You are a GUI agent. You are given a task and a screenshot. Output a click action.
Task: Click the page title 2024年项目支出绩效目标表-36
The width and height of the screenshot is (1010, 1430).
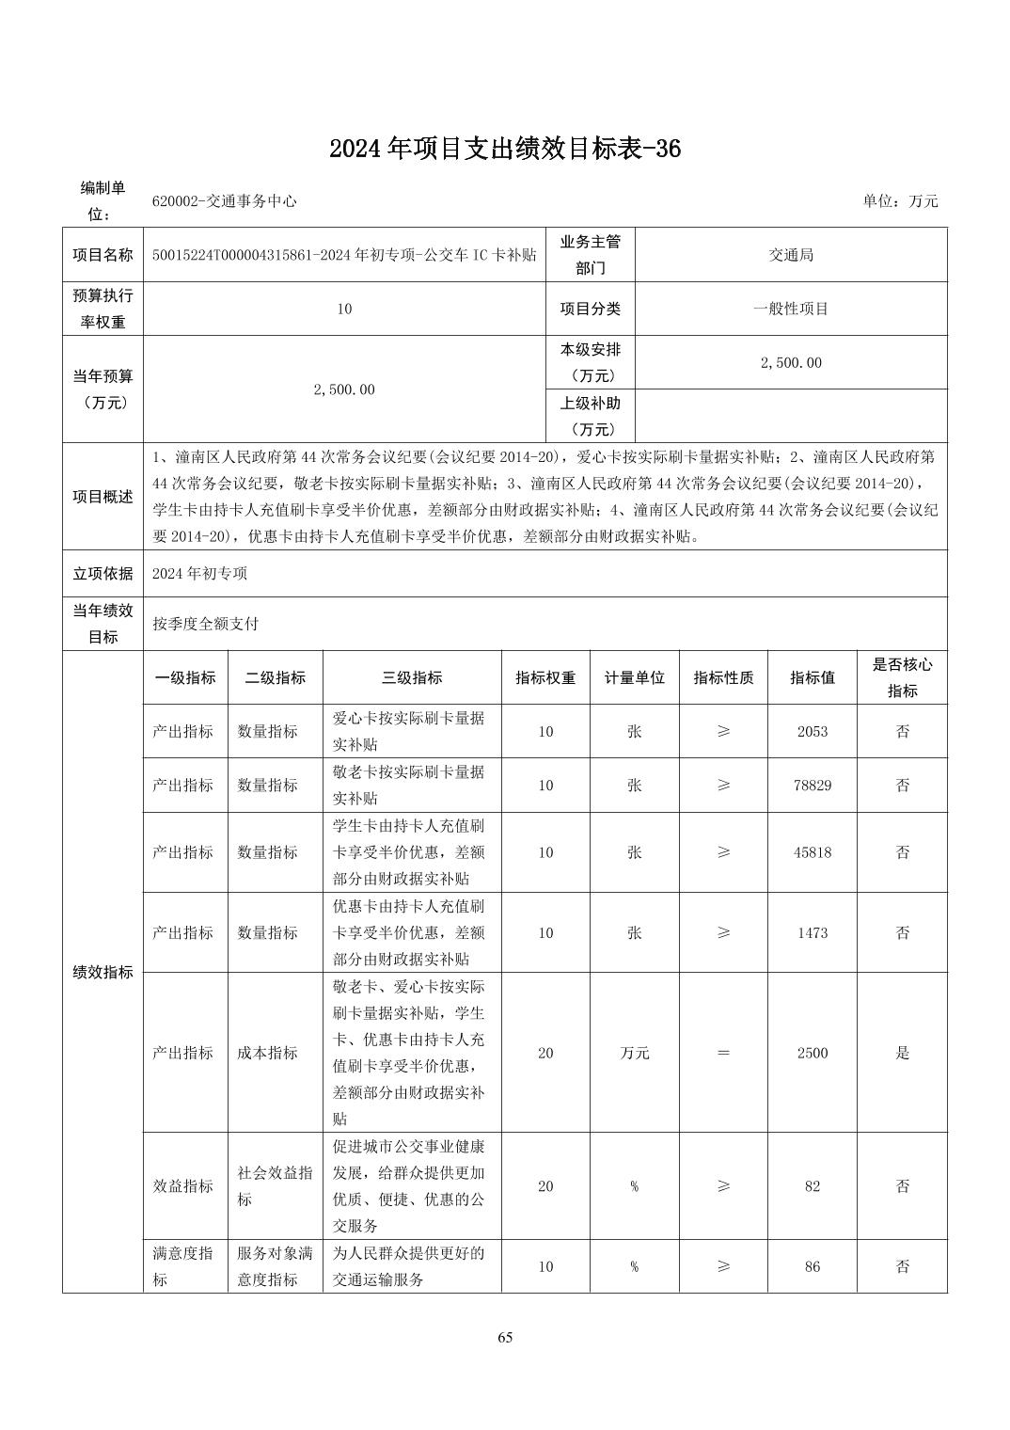[x=504, y=149]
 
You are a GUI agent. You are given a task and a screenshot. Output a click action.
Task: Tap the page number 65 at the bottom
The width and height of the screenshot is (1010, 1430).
[x=505, y=1338]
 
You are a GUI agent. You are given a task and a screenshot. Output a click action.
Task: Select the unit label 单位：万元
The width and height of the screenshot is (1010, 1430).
[x=900, y=200]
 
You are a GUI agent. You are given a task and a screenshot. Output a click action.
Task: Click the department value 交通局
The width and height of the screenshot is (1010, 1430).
[x=791, y=255]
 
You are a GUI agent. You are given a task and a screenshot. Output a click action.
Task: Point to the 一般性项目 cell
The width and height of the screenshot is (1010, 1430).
[x=791, y=309]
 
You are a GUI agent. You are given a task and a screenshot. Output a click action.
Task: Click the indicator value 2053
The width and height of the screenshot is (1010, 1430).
[x=812, y=731]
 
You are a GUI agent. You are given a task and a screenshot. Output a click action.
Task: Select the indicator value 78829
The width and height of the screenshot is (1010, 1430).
[x=812, y=785]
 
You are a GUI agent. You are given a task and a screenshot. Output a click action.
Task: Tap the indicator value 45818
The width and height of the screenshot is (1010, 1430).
[x=812, y=852]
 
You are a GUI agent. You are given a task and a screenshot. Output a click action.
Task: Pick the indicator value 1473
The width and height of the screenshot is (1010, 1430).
[x=812, y=932]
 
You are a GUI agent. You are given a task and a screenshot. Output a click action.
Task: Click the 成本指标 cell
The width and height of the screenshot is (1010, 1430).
[x=268, y=1053]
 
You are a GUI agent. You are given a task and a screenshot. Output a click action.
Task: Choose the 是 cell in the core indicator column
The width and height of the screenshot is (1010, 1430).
[x=902, y=1053]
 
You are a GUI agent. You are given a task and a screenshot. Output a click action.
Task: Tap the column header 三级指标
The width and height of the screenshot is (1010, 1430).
[x=412, y=677]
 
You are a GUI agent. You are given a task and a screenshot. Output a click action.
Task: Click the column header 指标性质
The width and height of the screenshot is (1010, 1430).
[x=723, y=677]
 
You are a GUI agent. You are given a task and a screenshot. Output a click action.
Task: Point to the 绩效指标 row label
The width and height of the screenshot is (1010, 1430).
[x=103, y=972]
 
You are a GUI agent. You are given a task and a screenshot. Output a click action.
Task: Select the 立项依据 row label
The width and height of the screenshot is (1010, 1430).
[x=103, y=573]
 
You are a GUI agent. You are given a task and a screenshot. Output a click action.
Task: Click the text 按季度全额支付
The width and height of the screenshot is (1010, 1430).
[x=206, y=623]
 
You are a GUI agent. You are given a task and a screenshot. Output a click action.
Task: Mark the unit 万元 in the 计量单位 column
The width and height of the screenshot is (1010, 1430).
[x=635, y=1053]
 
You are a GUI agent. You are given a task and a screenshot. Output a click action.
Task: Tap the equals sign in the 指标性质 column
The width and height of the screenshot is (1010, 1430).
[x=723, y=1053]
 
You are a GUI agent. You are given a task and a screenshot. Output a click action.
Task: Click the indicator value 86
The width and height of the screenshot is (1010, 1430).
[x=812, y=1266]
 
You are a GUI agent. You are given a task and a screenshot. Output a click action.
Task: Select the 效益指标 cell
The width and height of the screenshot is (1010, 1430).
[x=183, y=1186]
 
